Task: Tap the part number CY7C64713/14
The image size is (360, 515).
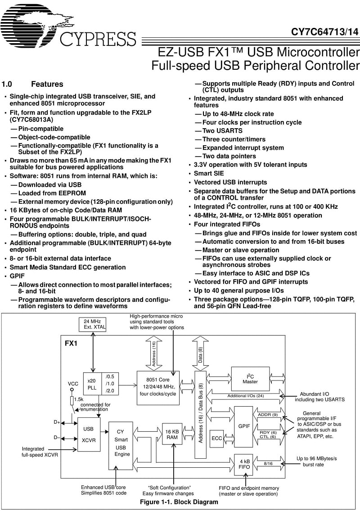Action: (x=324, y=32)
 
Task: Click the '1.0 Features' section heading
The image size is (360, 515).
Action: (x=32, y=84)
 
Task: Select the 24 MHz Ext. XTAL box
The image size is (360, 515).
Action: (x=92, y=324)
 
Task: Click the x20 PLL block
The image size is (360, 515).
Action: (x=92, y=384)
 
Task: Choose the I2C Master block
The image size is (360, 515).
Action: (x=250, y=379)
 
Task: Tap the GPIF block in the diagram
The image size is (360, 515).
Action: (x=244, y=426)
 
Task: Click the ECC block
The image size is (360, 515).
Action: (x=216, y=438)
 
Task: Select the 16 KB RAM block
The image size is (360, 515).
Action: (x=172, y=434)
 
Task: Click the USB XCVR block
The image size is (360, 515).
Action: (x=88, y=434)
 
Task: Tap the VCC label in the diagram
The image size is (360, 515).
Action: (x=73, y=384)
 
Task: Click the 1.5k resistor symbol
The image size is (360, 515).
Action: (x=72, y=401)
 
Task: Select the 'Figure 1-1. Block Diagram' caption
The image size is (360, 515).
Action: (x=179, y=502)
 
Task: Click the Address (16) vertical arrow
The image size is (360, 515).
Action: (x=153, y=354)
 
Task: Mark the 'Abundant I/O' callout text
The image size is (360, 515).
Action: (x=315, y=394)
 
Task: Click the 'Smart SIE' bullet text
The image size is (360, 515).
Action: (x=209, y=174)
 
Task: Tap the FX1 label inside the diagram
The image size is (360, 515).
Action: (x=71, y=343)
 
